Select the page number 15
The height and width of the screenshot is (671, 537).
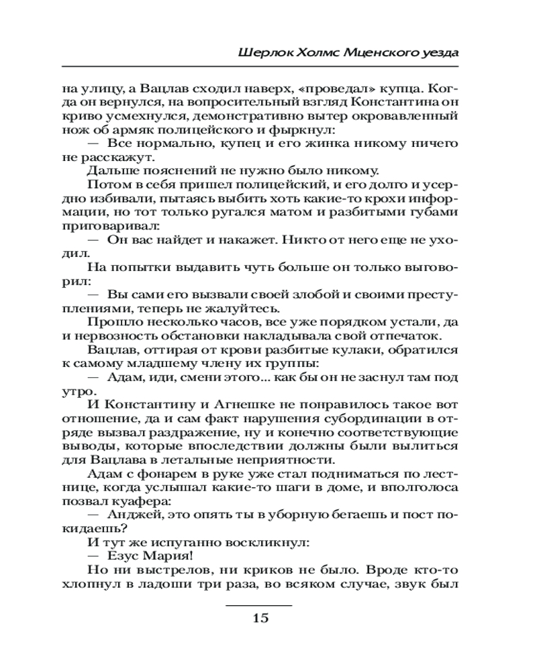[260, 618]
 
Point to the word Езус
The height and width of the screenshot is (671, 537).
[124, 556]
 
